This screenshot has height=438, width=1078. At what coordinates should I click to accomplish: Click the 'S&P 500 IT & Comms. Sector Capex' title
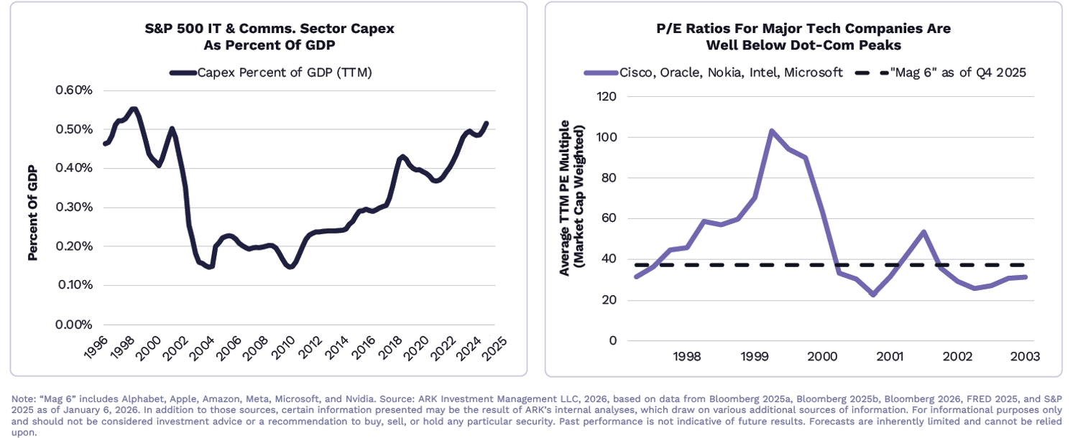(x=269, y=29)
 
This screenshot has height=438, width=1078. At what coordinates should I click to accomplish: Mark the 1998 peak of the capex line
(x=133, y=109)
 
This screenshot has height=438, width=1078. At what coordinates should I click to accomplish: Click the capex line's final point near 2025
(x=487, y=123)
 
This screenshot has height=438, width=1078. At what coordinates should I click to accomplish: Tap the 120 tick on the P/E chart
(x=607, y=96)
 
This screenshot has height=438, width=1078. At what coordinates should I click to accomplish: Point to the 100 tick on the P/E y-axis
(x=607, y=137)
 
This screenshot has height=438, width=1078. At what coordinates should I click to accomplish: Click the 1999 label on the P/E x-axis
(x=755, y=356)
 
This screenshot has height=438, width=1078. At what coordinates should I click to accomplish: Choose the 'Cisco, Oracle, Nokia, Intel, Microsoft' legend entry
(x=714, y=73)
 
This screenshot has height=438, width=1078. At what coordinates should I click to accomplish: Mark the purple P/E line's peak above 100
(x=770, y=131)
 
